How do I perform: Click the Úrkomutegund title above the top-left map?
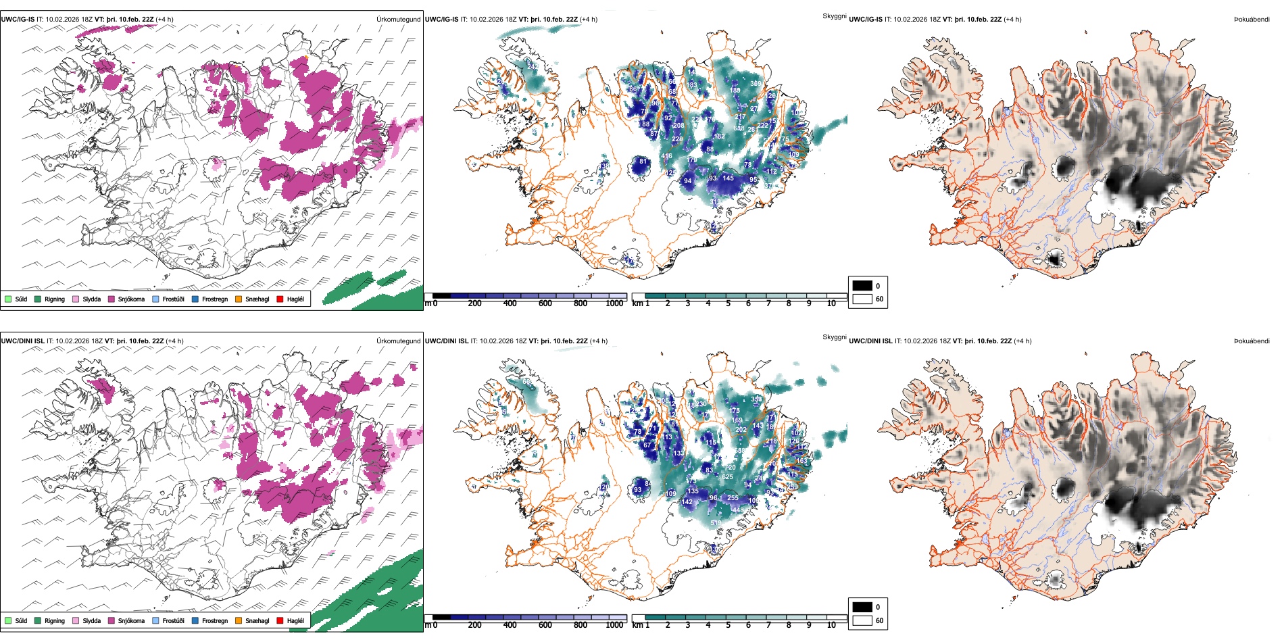(398, 20)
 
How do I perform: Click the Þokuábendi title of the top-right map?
(1252, 20)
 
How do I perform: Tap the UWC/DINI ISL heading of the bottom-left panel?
(22, 341)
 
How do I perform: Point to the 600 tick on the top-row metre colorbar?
(545, 303)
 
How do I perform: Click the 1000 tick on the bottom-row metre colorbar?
(614, 625)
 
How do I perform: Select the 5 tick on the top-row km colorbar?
(728, 303)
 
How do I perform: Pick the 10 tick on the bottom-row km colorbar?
(831, 625)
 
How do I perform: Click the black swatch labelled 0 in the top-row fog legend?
(862, 286)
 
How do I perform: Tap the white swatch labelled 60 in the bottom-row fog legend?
(862, 620)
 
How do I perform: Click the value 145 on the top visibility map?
(728, 178)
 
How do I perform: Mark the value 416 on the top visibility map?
(666, 156)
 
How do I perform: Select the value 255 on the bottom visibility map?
(733, 498)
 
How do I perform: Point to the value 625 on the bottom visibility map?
(727, 477)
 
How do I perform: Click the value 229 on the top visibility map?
(677, 139)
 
